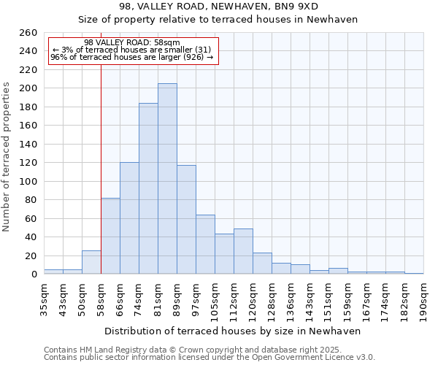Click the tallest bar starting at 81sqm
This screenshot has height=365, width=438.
(167, 179)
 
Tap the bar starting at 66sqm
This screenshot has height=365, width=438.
(129, 218)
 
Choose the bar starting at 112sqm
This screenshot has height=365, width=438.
(243, 251)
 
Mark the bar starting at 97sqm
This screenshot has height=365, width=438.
(205, 245)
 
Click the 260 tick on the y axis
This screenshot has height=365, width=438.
(28, 33)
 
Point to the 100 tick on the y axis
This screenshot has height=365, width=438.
(28, 182)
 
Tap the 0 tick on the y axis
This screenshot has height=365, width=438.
(34, 274)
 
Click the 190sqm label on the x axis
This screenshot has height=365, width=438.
(424, 296)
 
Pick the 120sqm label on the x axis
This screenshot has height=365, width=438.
(253, 296)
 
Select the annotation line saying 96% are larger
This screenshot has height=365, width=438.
(131, 57)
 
